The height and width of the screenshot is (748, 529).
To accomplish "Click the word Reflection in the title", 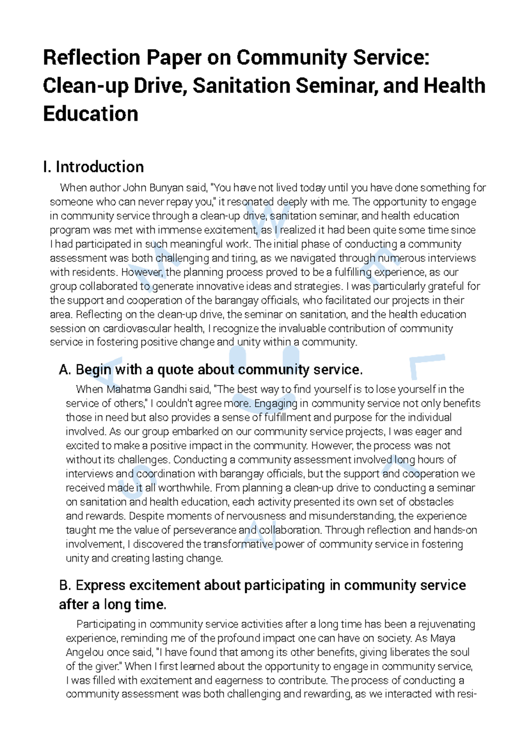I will click(x=91, y=58).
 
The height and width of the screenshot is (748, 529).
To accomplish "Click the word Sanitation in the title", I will click(x=242, y=86).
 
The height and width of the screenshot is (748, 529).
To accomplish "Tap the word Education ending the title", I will click(x=90, y=114).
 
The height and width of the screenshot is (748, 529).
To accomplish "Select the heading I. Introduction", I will click(x=93, y=167).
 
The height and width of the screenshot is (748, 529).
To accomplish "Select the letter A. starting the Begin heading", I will click(x=65, y=370).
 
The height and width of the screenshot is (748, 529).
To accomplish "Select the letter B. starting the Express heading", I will click(x=65, y=586).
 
